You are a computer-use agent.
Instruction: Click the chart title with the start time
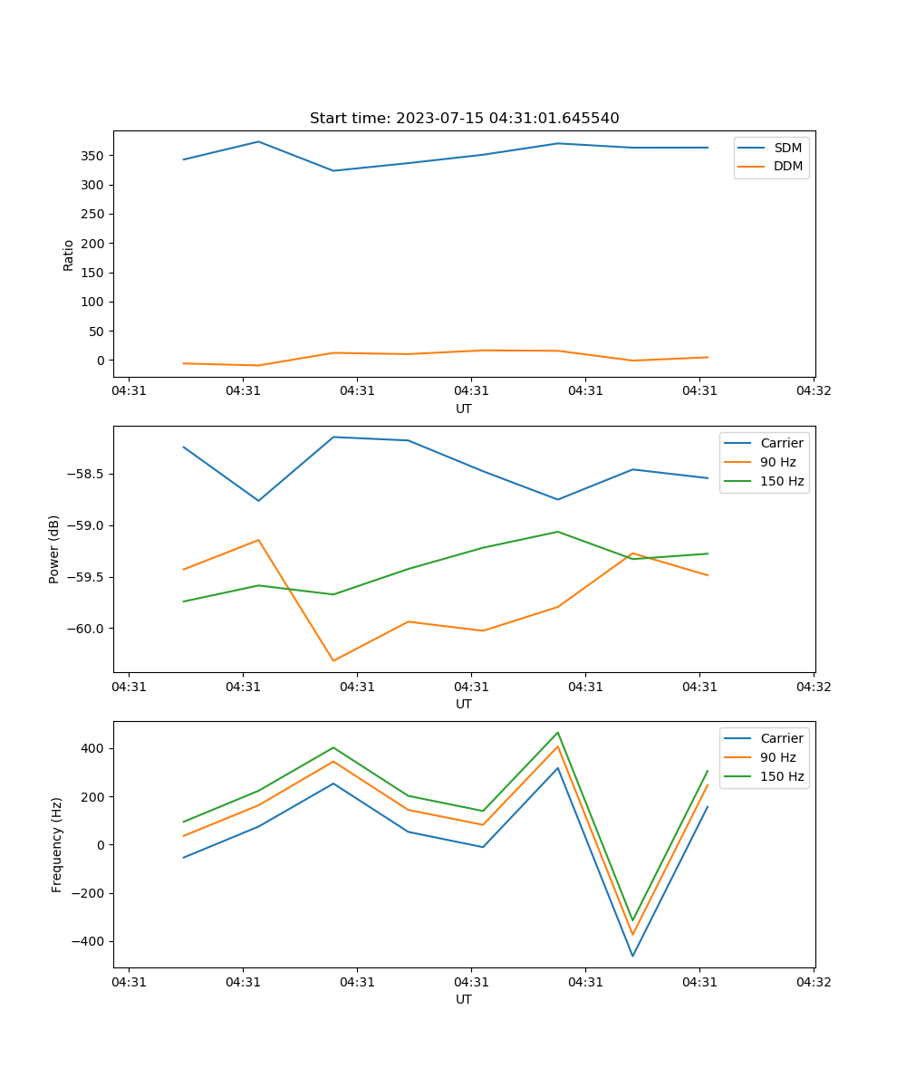464,119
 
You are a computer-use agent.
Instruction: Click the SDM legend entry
787,148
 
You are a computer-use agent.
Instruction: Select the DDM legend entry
787,166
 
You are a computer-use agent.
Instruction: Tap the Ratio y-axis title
69,255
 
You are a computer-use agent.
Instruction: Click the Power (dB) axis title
55,549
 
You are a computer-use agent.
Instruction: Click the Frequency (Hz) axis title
57,844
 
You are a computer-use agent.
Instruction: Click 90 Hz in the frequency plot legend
778,757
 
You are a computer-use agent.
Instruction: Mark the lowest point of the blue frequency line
632,956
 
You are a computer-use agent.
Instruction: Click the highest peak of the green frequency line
558,733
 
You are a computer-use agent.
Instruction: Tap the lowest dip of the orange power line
333,660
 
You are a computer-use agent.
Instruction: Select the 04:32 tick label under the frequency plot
813,982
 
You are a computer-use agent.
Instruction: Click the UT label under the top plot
464,409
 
